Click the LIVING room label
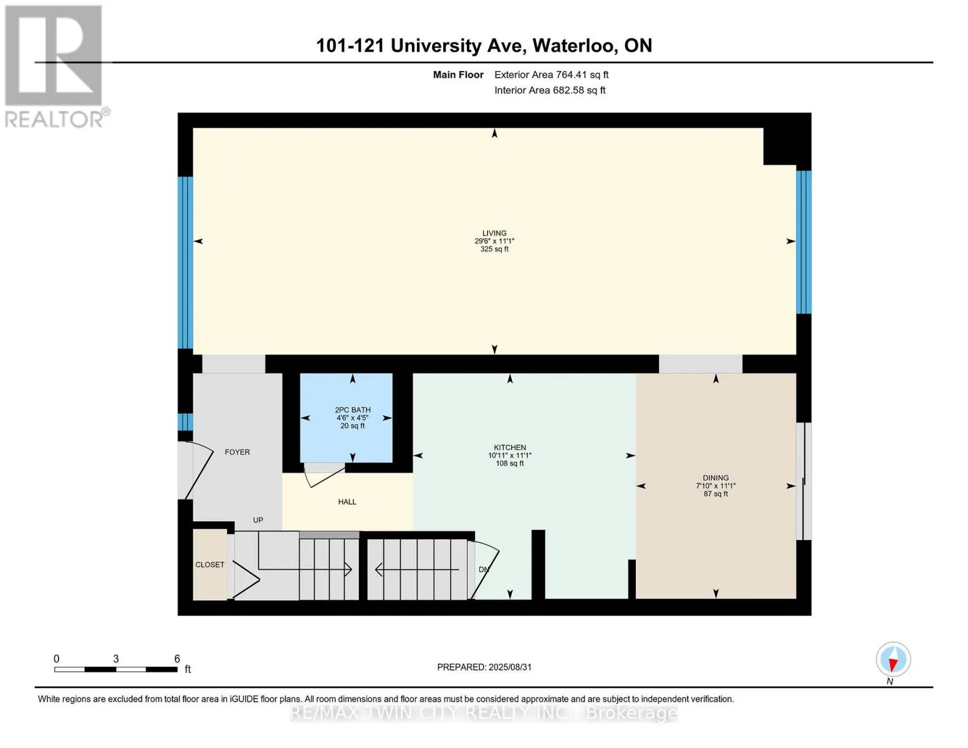(x=494, y=233)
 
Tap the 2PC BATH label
(x=352, y=410)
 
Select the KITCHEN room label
(x=510, y=448)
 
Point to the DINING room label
(x=716, y=477)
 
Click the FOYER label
(x=237, y=452)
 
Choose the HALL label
(x=347, y=502)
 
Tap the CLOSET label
(x=209, y=565)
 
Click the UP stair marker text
(x=258, y=520)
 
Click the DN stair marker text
(x=484, y=569)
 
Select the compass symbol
(x=893, y=659)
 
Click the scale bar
(x=116, y=669)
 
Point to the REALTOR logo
(x=55, y=67)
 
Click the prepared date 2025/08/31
(x=510, y=667)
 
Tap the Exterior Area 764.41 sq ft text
(x=551, y=75)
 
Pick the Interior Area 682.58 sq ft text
(x=550, y=90)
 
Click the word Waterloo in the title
(x=574, y=46)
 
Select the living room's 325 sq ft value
(x=494, y=249)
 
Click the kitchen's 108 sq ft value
(x=510, y=463)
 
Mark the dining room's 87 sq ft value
(x=716, y=494)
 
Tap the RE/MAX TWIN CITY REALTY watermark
(x=484, y=713)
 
